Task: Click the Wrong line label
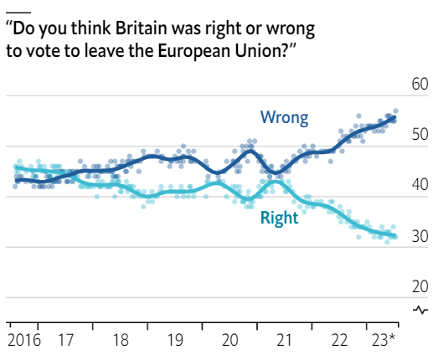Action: [x=284, y=118]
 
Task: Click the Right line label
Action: [x=279, y=219]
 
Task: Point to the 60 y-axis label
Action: [x=420, y=84]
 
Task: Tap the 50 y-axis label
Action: [x=420, y=135]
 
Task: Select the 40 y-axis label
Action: [x=420, y=185]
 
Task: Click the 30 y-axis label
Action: [x=420, y=236]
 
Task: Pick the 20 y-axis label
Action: [x=420, y=286]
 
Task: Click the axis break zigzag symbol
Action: [x=420, y=310]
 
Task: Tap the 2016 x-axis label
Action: [x=24, y=340]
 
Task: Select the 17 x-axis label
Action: [x=66, y=340]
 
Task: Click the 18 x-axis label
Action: [x=121, y=340]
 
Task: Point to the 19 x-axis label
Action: [x=175, y=340]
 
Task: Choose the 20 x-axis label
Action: [x=230, y=340]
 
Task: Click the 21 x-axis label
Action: [x=284, y=340]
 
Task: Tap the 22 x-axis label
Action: [x=339, y=340]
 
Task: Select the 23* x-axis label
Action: [x=384, y=340]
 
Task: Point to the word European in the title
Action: [x=194, y=52]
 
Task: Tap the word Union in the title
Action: [x=258, y=51]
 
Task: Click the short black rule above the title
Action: [x=18, y=13]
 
